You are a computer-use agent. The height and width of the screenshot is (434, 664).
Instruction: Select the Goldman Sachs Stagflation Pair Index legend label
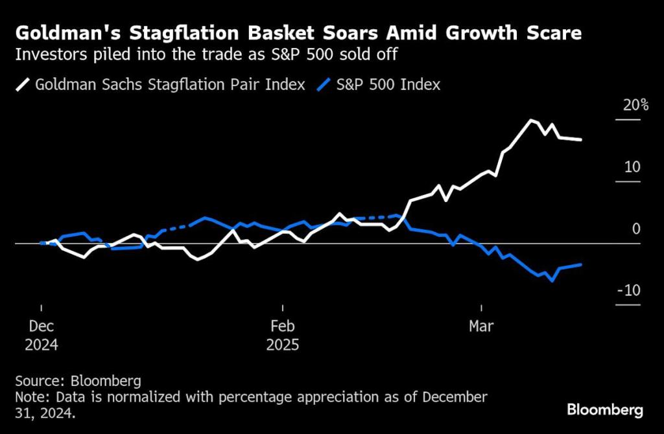[x=170, y=84]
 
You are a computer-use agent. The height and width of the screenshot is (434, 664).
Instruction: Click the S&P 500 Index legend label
[x=386, y=84]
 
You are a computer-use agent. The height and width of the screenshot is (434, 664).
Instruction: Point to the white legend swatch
[x=24, y=84]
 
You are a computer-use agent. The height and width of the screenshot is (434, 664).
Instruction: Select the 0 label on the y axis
[x=635, y=229]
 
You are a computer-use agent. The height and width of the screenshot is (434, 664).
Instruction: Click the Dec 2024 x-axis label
[x=41, y=336]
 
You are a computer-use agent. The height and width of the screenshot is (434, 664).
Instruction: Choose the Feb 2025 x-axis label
[x=283, y=336]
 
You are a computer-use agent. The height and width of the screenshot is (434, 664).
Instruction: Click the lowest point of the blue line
[x=552, y=280]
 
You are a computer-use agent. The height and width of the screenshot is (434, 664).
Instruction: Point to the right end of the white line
[x=580, y=139]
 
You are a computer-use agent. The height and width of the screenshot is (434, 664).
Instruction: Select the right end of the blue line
[x=580, y=264]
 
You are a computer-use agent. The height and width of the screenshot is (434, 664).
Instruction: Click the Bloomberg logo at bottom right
[x=604, y=409]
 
